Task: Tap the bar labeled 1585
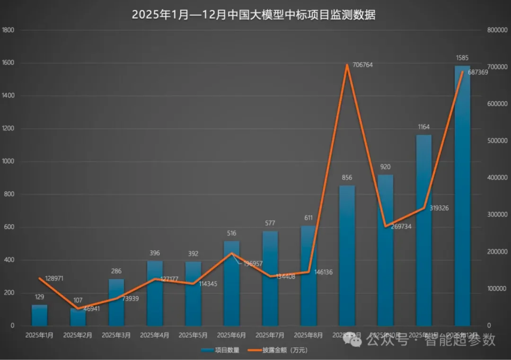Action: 462,199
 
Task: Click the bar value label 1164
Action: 424,127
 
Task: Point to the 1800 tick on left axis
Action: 9,30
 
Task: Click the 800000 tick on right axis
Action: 497,30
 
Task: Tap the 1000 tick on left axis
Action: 9,161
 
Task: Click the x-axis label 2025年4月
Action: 155,335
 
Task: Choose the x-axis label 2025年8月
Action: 308,335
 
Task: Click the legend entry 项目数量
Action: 220,351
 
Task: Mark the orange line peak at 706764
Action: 347,65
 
